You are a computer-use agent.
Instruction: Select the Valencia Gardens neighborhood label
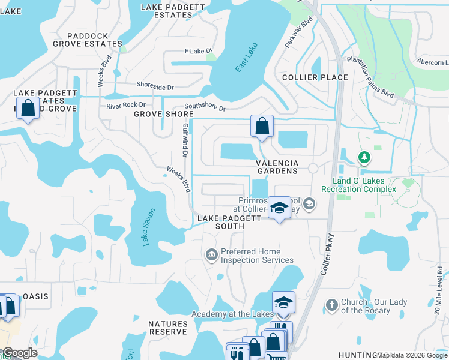277,167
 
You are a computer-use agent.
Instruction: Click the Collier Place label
315,77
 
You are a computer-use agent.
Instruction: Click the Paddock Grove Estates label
87,40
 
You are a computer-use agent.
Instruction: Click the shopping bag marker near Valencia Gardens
262,127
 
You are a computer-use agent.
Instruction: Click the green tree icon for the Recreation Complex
364,158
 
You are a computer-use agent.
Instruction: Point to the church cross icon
331,305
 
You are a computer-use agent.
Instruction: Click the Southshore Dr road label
205,107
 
